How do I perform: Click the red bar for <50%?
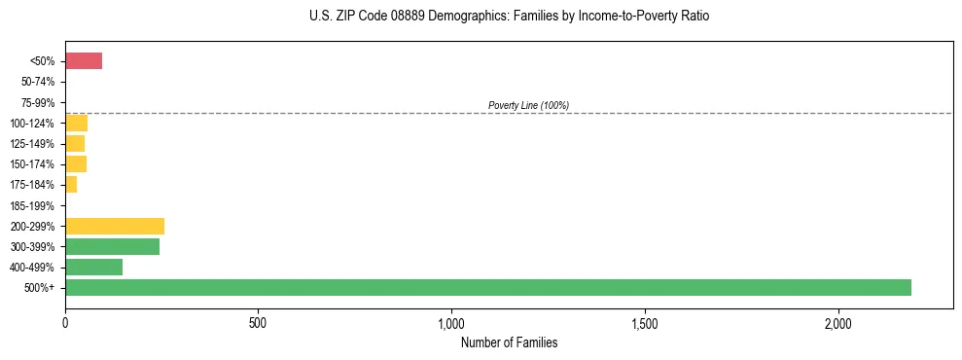[84, 61]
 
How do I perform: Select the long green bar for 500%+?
[487, 287]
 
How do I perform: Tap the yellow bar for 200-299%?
[115, 226]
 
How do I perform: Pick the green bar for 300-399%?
[112, 246]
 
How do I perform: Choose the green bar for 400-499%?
[93, 267]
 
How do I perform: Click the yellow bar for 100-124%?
[76, 123]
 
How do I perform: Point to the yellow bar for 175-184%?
[71, 185]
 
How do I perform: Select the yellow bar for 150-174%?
[76, 163]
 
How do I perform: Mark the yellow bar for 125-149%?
[75, 143]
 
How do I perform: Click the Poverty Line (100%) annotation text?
[528, 105]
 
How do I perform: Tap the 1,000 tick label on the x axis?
[451, 323]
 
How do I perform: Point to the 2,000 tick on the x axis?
[838, 323]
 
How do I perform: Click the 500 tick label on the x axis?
[258, 323]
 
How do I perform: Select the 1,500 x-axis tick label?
[645, 323]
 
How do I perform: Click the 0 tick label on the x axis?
[65, 323]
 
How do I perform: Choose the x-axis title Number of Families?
[509, 342]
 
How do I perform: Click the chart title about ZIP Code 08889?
[509, 17]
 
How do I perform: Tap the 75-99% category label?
[37, 102]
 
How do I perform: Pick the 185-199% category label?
[34, 205]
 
